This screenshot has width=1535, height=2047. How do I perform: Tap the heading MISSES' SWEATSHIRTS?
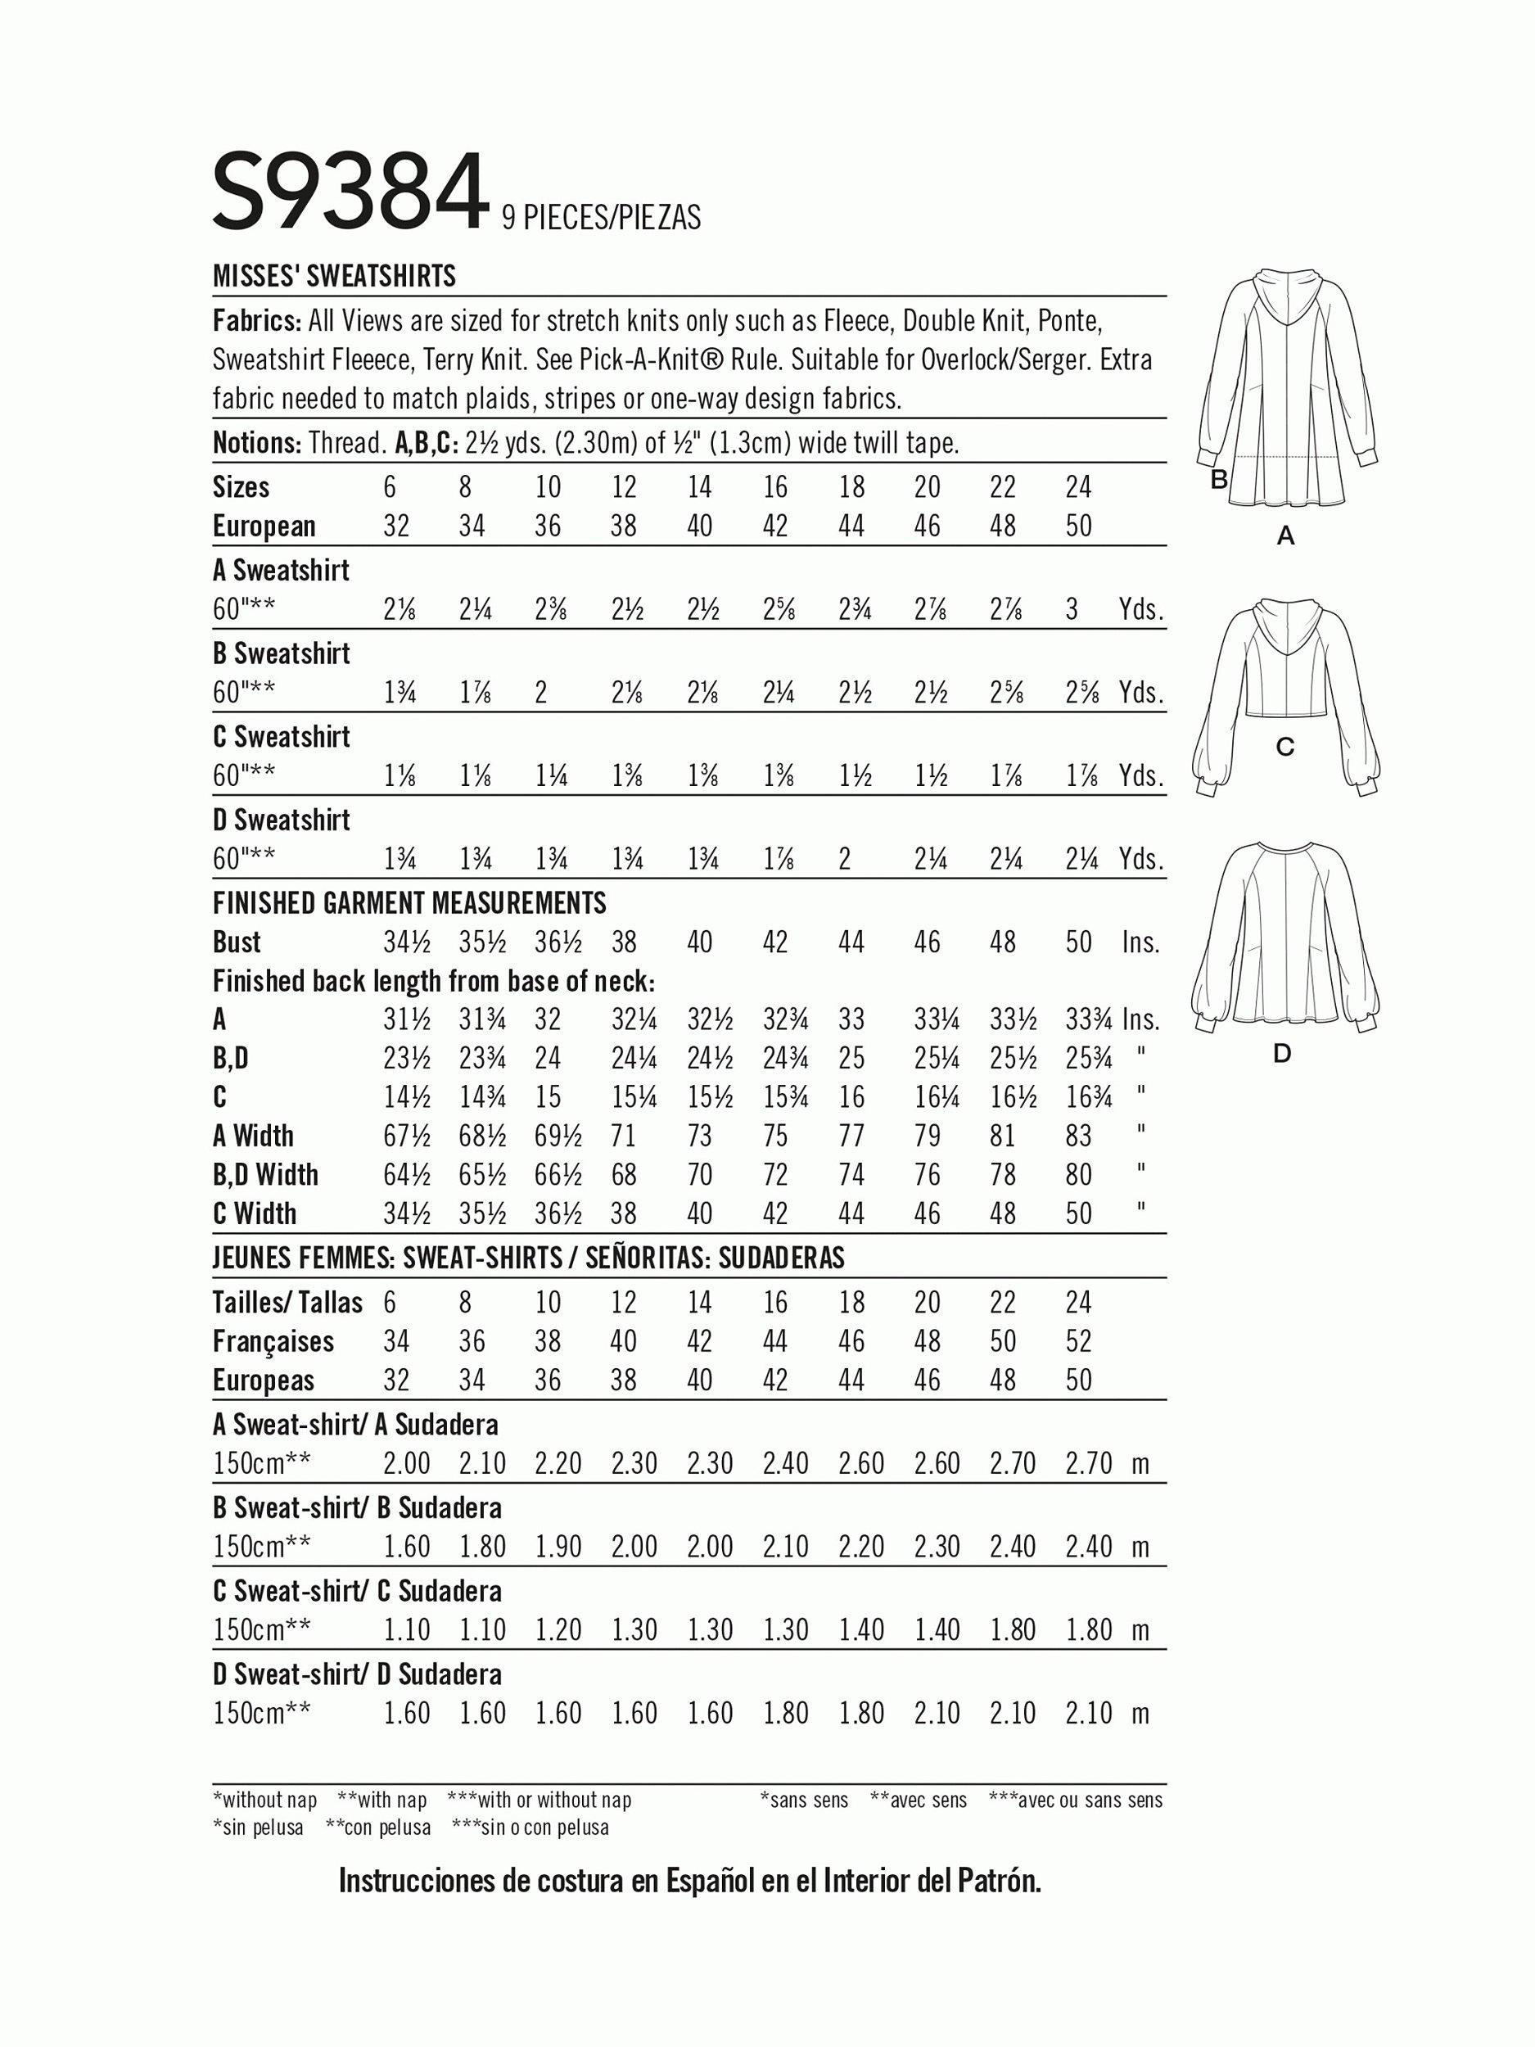tap(334, 276)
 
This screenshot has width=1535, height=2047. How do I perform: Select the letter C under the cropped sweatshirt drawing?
tap(1284, 747)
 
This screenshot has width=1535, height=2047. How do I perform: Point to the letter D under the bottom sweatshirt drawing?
tap(1281, 1053)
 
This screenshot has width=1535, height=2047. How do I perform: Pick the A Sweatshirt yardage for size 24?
tap(1072, 610)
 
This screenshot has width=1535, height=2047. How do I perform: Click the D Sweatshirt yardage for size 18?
tap(844, 860)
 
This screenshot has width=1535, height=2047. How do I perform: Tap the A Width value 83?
tap(1079, 1136)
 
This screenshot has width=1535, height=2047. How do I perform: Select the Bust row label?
tap(237, 942)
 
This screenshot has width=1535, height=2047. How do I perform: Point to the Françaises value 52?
tap(1079, 1341)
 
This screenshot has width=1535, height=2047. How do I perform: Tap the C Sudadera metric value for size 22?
tap(1012, 1629)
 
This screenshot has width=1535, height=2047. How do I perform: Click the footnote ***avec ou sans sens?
tap(1076, 1800)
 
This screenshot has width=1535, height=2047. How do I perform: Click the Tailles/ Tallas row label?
tap(287, 1302)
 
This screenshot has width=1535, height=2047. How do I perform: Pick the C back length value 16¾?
tap(1079, 1096)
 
